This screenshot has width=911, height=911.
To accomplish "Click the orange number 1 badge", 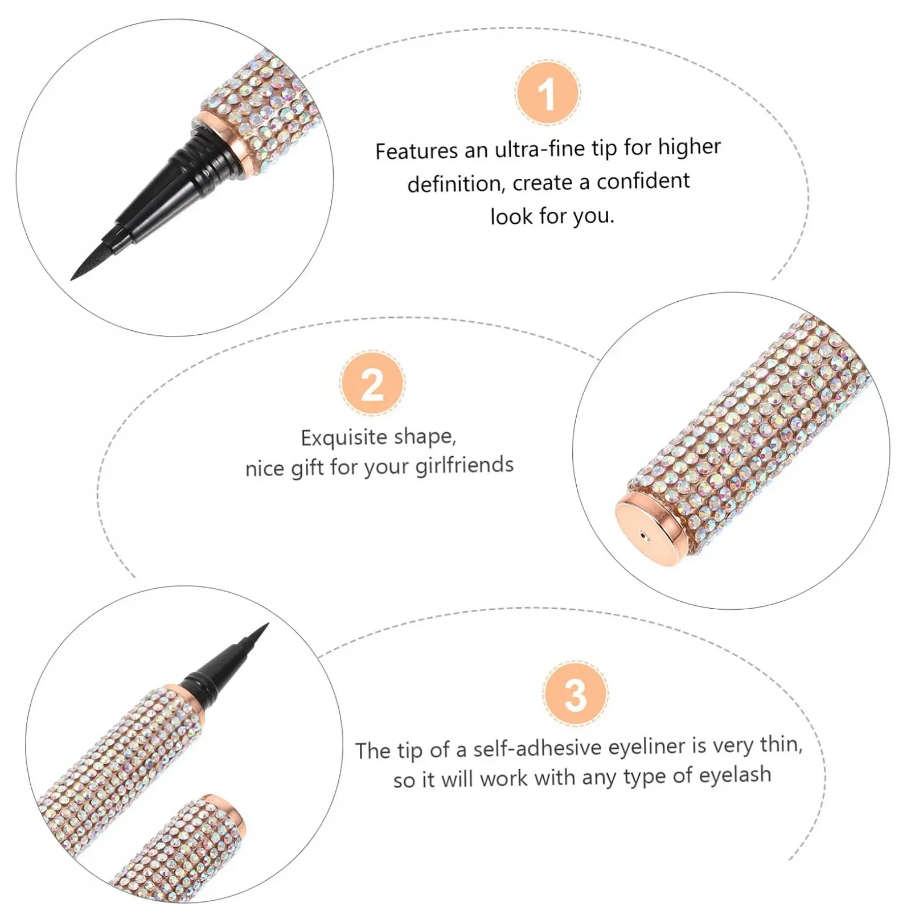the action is coord(547,93).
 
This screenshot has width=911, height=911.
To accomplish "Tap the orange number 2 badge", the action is coord(372,383).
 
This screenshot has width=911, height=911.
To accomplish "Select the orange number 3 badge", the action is coord(575,694).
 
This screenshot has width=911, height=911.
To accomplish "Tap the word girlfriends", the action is coord(464,466).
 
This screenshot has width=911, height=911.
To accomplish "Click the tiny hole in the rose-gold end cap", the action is coord(643,535).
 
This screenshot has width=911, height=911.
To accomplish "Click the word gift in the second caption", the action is coord(308,469).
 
